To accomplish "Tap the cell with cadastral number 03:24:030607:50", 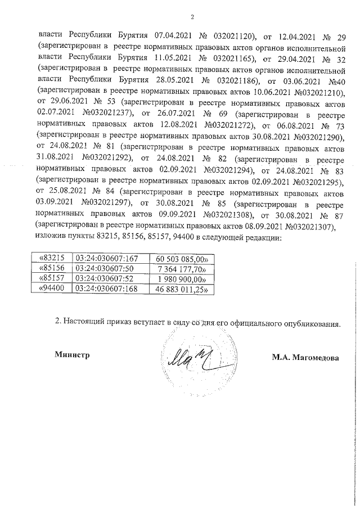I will (103, 269).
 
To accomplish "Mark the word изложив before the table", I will (51, 237).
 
